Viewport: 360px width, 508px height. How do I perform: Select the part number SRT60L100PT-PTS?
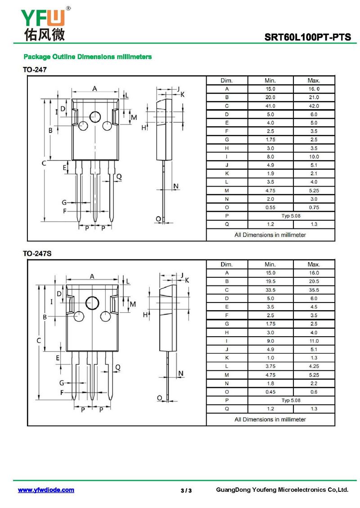pyautogui.click(x=307, y=37)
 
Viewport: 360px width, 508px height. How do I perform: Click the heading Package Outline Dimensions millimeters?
pyautogui.click(x=88, y=57)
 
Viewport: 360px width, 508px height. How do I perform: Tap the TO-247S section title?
pyautogui.click(x=37, y=254)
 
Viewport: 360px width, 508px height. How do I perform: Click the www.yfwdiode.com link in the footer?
pyautogui.click(x=46, y=490)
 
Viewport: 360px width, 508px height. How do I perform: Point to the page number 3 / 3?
pyautogui.click(x=186, y=490)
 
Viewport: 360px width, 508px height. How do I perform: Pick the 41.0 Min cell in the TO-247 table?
pyautogui.click(x=270, y=106)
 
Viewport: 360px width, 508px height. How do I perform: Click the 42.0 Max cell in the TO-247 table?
pyautogui.click(x=314, y=106)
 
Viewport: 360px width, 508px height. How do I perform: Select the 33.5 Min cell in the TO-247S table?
pyautogui.click(x=270, y=290)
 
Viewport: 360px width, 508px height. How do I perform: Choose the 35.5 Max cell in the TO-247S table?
pyautogui.click(x=314, y=290)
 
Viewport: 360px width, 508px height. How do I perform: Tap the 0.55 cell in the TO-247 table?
pyautogui.click(x=270, y=207)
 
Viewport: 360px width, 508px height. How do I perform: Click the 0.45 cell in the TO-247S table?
pyautogui.click(x=270, y=392)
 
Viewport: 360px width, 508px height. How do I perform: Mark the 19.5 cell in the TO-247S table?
pyautogui.click(x=270, y=281)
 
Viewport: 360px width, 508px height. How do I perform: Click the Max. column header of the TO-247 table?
pyautogui.click(x=314, y=80)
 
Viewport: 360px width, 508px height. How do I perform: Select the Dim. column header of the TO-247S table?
pyautogui.click(x=226, y=264)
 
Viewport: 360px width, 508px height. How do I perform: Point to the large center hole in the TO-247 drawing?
pyautogui.click(x=95, y=116)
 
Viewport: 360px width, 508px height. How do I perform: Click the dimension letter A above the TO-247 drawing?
pyautogui.click(x=94, y=88)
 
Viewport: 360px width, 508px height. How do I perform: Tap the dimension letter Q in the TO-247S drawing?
pyautogui.click(x=118, y=367)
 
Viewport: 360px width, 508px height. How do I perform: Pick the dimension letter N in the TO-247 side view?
pyautogui.click(x=176, y=186)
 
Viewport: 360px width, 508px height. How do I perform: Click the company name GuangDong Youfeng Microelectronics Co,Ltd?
pyautogui.click(x=282, y=490)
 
